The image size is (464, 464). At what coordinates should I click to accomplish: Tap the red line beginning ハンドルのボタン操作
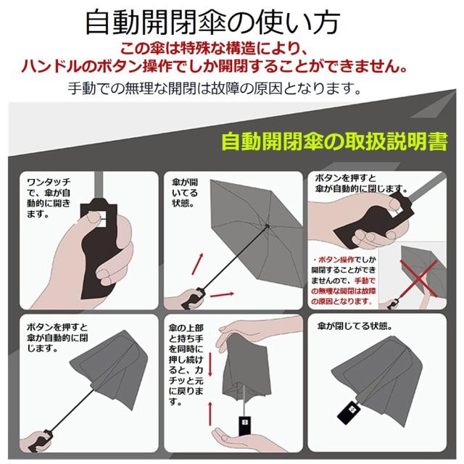pyautogui.click(x=232, y=67)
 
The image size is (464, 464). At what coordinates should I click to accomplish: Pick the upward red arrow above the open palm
pyautogui.click(x=210, y=413)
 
